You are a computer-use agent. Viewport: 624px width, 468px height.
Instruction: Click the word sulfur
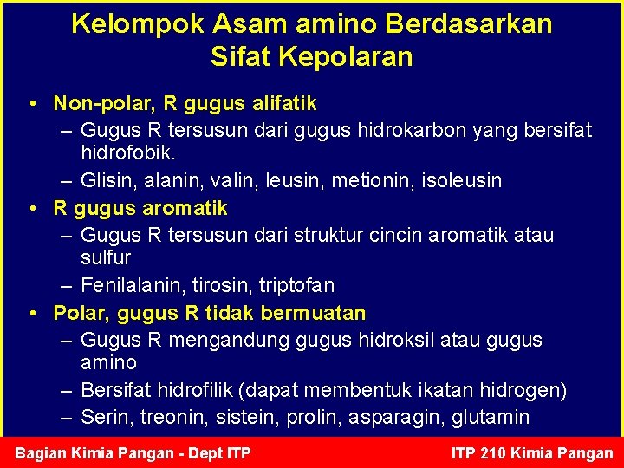click(106, 257)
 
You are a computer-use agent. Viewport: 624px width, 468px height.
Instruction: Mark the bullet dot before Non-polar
click(32, 104)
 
